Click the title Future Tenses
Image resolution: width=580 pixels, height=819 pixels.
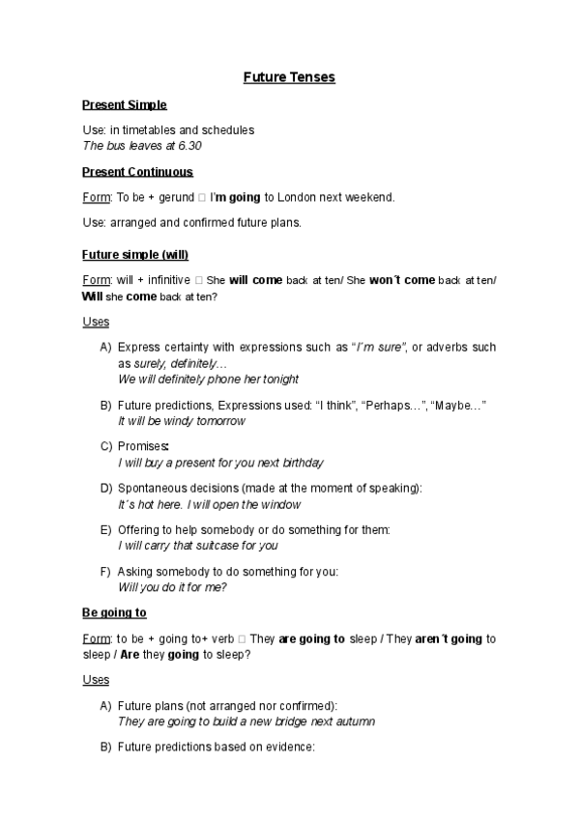coord(289,77)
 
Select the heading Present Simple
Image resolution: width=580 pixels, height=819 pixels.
coord(124,104)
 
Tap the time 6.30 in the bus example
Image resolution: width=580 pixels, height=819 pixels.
coord(189,146)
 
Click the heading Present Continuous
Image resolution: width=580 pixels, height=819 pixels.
coord(137,172)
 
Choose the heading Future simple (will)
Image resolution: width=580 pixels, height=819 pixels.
coord(135,255)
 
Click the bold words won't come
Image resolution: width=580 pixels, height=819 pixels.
coord(402,280)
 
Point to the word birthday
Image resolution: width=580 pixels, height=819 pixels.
coord(301,463)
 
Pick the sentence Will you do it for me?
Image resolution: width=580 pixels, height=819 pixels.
coord(172,587)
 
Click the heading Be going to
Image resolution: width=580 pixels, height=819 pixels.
coord(114,612)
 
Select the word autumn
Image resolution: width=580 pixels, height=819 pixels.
coord(355,721)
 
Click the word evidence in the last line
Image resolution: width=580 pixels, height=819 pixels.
coord(291,747)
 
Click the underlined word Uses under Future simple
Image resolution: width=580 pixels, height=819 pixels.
coord(96,322)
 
